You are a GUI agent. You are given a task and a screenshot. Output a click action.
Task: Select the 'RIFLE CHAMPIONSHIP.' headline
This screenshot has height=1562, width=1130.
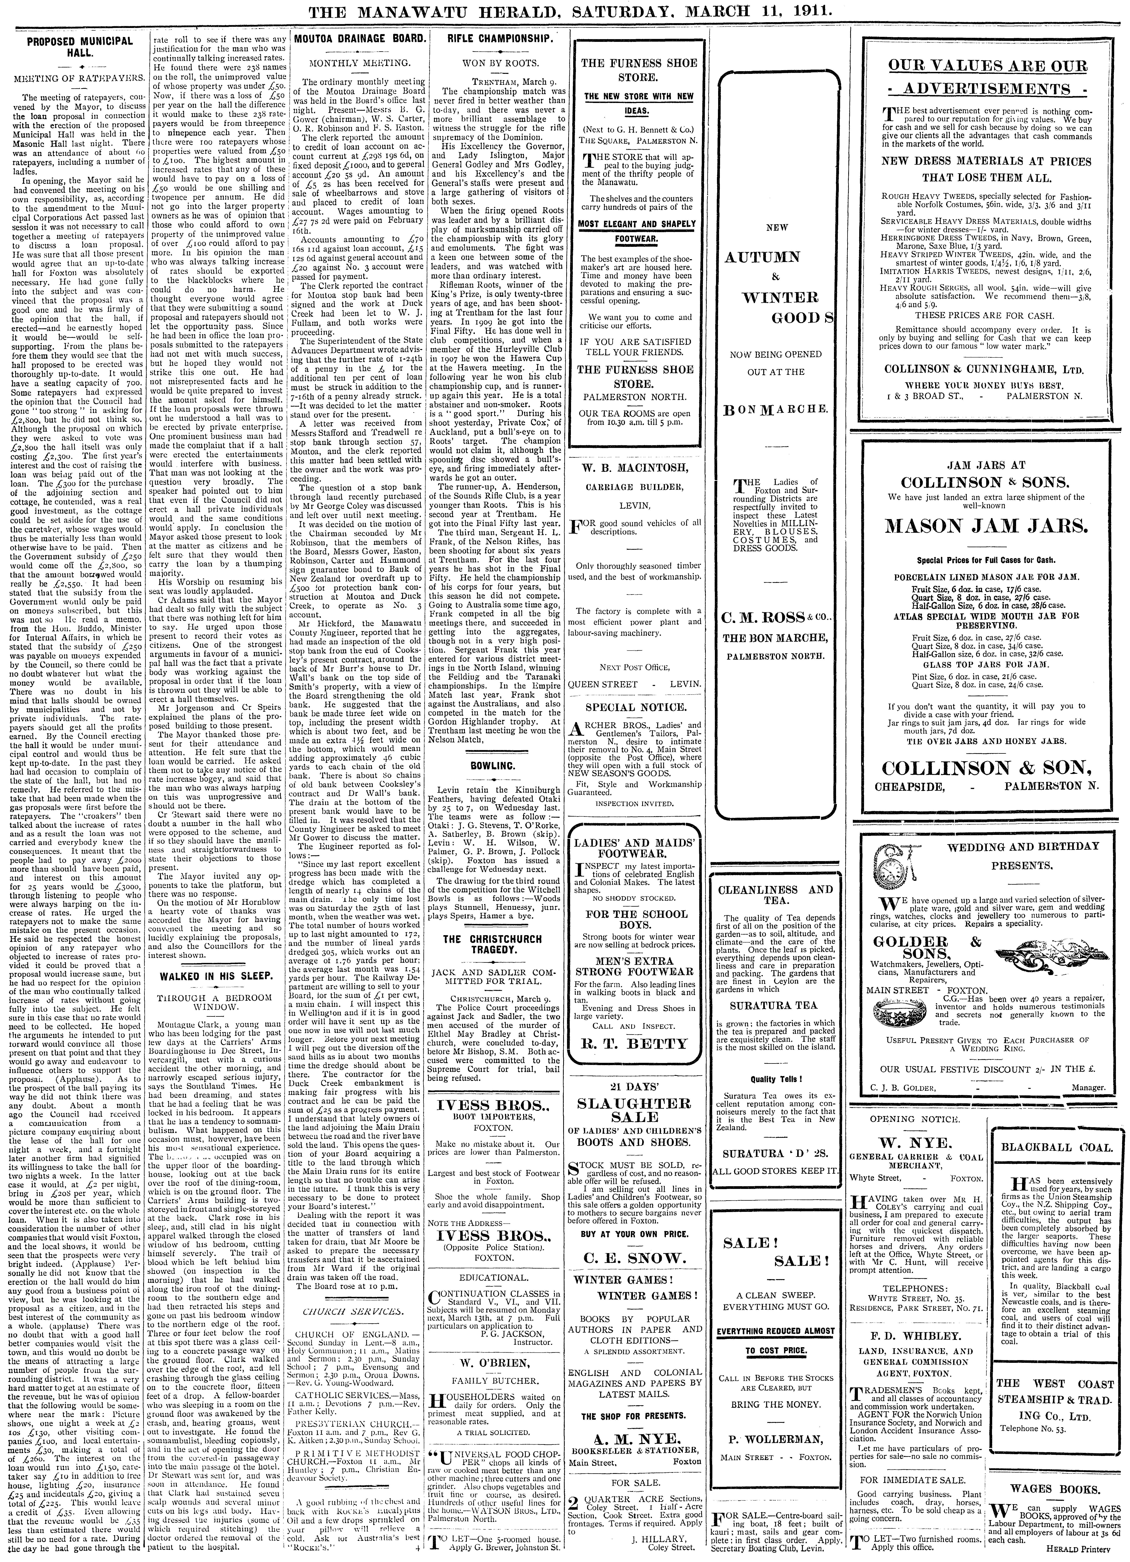click(x=500, y=40)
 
